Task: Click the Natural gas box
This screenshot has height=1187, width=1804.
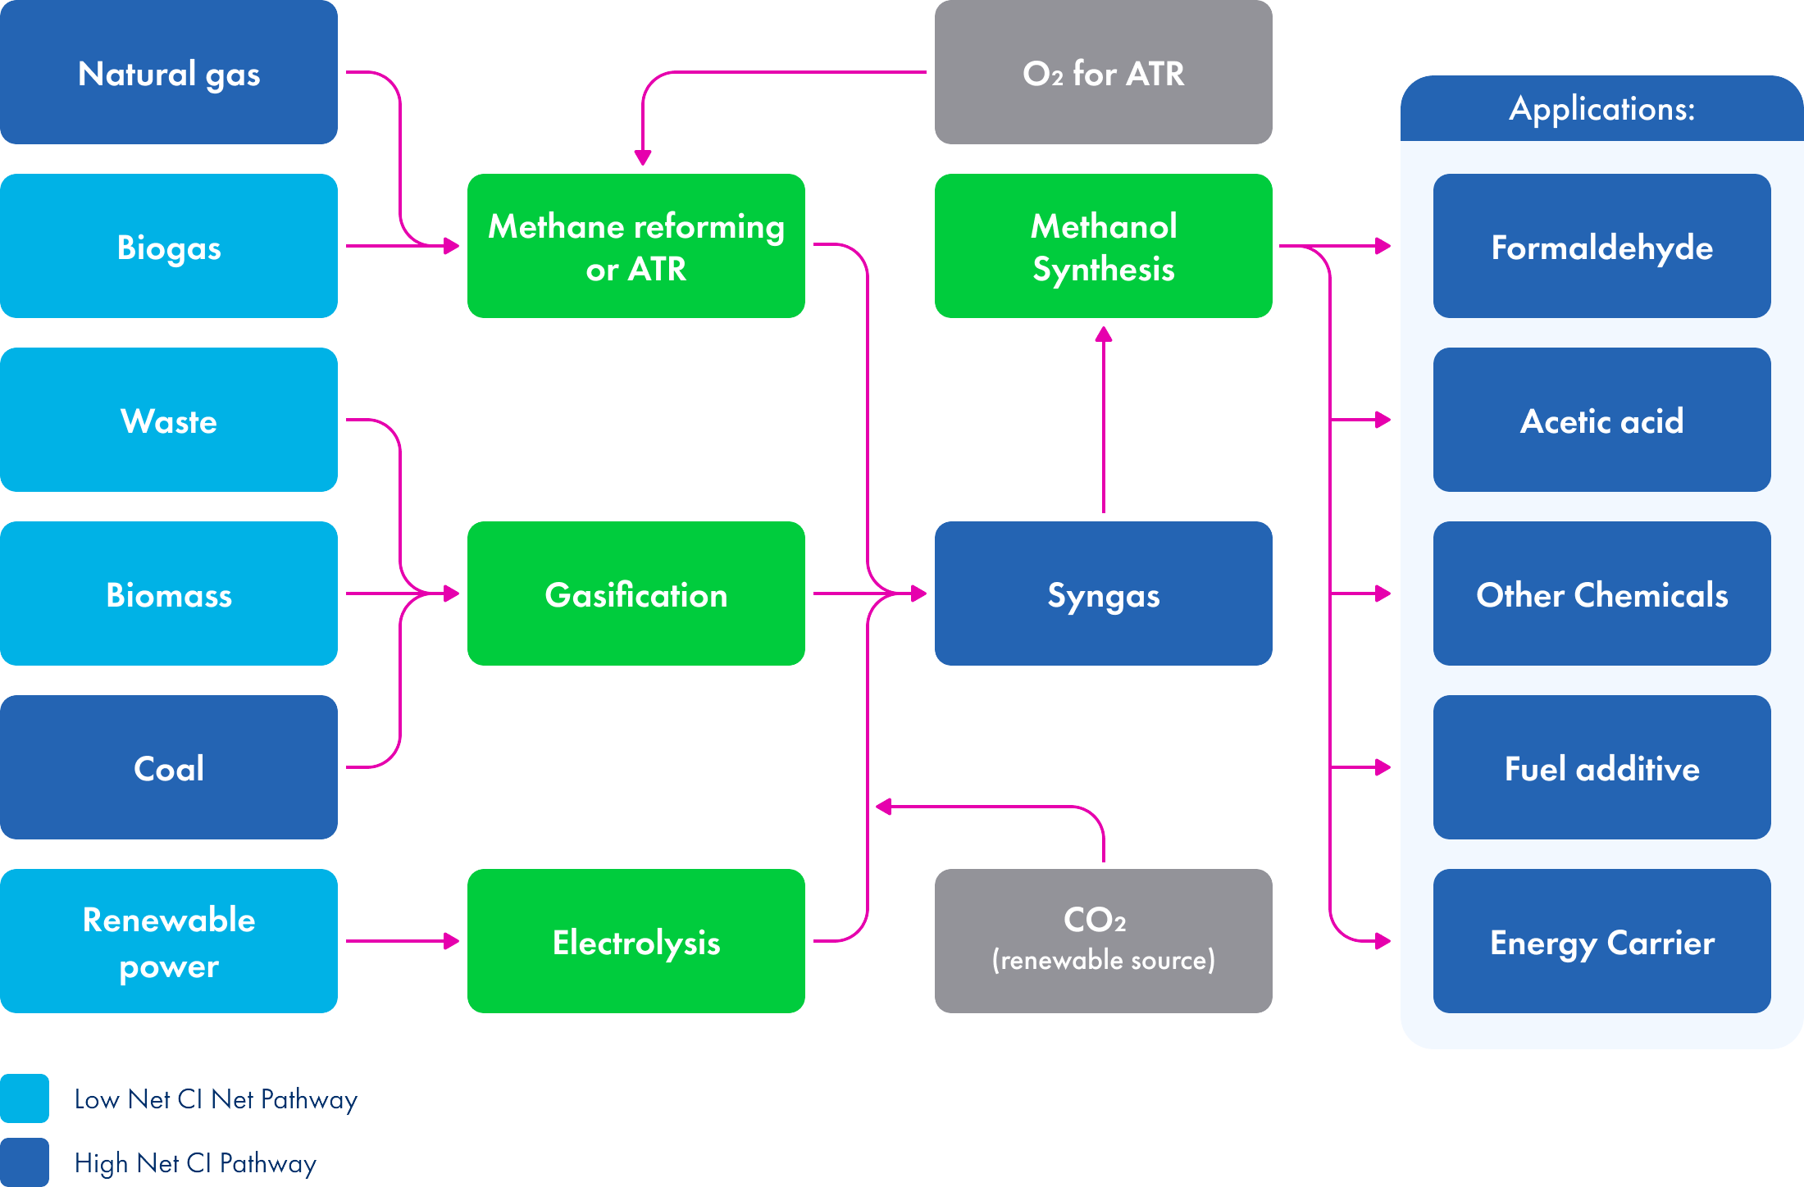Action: coord(168,72)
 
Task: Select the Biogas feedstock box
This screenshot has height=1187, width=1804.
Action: coord(168,246)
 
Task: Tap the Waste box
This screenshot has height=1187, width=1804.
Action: coord(168,420)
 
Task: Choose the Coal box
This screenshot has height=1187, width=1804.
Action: coord(168,767)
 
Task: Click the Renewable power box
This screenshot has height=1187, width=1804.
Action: coord(168,941)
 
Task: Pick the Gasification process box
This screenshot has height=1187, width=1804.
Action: coord(635,593)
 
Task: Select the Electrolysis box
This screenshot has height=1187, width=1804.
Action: coord(635,941)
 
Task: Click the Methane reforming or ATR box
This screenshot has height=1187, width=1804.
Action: coord(635,246)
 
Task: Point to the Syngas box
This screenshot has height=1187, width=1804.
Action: coord(1103,593)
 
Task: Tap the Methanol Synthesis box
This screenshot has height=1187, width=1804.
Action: coord(1103,246)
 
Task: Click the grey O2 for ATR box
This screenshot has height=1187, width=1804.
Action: coord(1103,72)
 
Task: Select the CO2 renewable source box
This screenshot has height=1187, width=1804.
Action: coord(1103,941)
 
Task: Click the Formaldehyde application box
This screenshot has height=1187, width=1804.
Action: coord(1601,246)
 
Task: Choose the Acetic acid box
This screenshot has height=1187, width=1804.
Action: coord(1601,420)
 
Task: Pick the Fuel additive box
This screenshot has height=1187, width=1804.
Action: coord(1601,767)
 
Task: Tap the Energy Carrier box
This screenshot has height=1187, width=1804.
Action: coord(1601,941)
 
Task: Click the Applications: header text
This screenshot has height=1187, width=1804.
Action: coord(1601,108)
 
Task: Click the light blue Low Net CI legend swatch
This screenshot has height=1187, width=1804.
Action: coord(25,1098)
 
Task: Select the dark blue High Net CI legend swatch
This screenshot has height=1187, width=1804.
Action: coord(25,1162)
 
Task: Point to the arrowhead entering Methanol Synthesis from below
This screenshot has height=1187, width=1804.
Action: coord(1104,334)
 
